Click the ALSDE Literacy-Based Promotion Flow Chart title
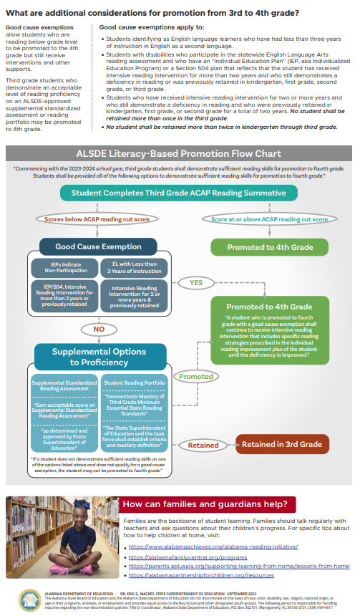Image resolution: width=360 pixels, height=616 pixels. tap(179, 153)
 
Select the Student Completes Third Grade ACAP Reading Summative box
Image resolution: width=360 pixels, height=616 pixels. tap(173, 193)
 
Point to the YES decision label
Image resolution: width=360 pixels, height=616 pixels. tap(195, 283)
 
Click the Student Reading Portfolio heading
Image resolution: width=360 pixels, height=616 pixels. tap(135, 383)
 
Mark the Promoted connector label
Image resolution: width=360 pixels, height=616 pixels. tap(195, 375)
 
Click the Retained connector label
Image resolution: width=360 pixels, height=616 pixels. tap(203, 445)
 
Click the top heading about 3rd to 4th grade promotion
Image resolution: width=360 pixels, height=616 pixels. tap(152, 13)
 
